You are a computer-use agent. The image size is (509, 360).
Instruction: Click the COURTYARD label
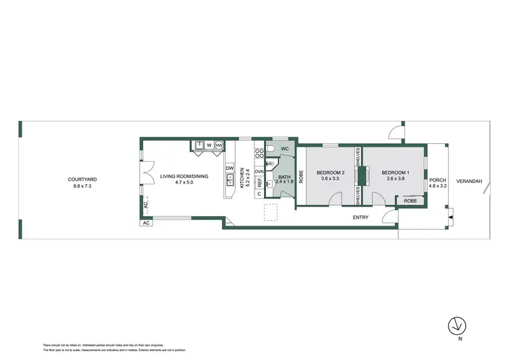point(82,179)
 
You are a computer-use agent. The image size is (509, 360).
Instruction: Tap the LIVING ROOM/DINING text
point(184,177)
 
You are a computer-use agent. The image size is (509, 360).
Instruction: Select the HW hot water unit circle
point(219,145)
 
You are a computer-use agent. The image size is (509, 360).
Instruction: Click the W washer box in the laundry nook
point(210,145)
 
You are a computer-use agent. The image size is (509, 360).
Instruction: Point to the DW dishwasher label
point(229,168)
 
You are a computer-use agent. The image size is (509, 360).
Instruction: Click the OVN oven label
point(259,172)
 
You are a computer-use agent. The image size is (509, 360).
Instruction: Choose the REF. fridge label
point(259,182)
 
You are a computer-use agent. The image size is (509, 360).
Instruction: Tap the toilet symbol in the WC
point(269,148)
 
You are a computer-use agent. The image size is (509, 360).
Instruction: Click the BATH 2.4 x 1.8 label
point(284,179)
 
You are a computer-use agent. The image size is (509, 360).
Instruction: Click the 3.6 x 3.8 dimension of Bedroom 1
point(398,178)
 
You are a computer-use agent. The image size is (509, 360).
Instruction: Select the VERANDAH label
point(468,181)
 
